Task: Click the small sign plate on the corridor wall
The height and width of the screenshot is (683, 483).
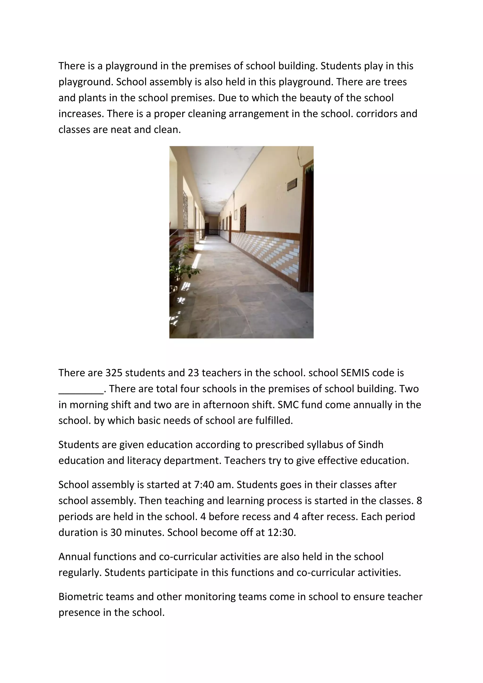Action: pyautogui.click(x=292, y=185)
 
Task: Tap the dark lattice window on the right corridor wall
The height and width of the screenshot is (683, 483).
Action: pyautogui.click(x=243, y=218)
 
